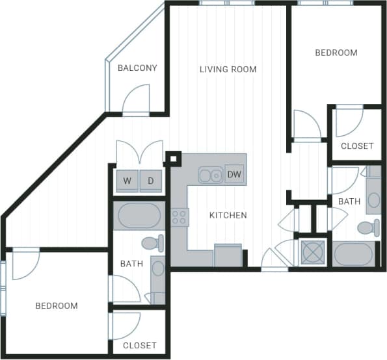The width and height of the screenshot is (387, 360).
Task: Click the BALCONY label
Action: point(137,68)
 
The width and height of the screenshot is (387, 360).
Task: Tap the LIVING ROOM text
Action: point(228,70)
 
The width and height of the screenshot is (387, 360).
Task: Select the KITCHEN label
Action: point(228,215)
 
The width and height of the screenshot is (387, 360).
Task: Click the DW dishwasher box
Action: point(234,174)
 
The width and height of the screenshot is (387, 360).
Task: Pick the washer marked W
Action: point(127,181)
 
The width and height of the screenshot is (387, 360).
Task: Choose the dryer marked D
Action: point(150,181)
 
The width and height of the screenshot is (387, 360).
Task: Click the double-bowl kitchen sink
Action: point(211,175)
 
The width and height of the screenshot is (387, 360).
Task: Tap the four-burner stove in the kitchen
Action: point(180,216)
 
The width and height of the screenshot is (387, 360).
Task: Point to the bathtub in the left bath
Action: point(138,216)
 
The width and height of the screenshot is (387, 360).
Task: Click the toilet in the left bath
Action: point(153,244)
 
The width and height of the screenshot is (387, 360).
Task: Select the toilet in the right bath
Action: point(369,227)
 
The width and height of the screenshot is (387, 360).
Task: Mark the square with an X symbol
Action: point(312,253)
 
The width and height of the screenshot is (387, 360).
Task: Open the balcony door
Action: point(136,100)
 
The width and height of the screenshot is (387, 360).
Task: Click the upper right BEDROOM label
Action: point(336,53)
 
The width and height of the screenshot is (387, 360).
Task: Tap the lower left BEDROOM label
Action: point(57,306)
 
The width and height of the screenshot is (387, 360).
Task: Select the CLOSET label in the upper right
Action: point(357,146)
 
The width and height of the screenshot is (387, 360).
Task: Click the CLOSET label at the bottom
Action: point(139,346)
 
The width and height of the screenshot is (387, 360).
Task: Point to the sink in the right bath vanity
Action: point(373,199)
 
